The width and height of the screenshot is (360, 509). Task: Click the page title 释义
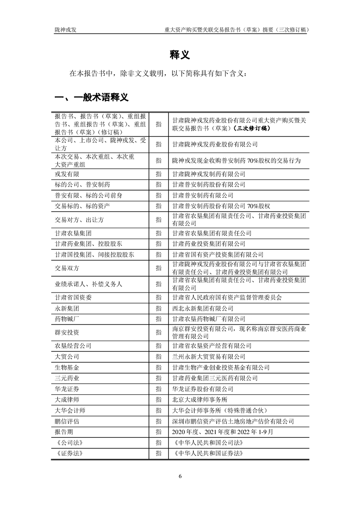(180, 55)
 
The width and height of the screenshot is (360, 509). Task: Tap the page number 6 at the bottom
(180, 476)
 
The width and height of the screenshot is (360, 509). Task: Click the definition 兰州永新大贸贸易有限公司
(209, 357)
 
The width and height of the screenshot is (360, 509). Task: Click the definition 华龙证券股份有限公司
(203, 389)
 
